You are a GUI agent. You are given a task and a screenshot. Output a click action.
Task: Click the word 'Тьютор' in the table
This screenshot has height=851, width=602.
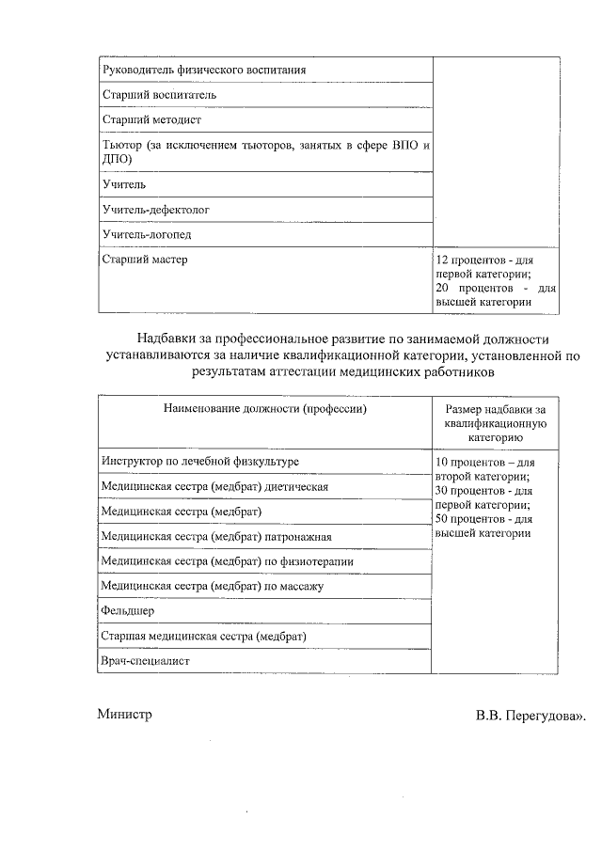121,146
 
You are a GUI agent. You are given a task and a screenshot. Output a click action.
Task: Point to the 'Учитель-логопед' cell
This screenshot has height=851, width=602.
146,234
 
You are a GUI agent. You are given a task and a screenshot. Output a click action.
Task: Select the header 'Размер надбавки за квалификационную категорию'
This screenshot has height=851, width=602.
496,423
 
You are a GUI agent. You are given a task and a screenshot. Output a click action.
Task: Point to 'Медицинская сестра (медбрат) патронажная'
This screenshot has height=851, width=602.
216,536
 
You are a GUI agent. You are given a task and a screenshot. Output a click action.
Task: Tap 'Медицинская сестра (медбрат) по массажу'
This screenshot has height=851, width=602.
212,587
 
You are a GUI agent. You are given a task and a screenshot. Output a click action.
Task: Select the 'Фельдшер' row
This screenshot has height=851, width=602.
128,611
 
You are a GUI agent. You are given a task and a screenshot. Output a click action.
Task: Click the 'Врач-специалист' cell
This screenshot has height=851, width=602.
146,661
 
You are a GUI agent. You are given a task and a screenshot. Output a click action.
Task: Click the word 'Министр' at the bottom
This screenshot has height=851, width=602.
124,715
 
